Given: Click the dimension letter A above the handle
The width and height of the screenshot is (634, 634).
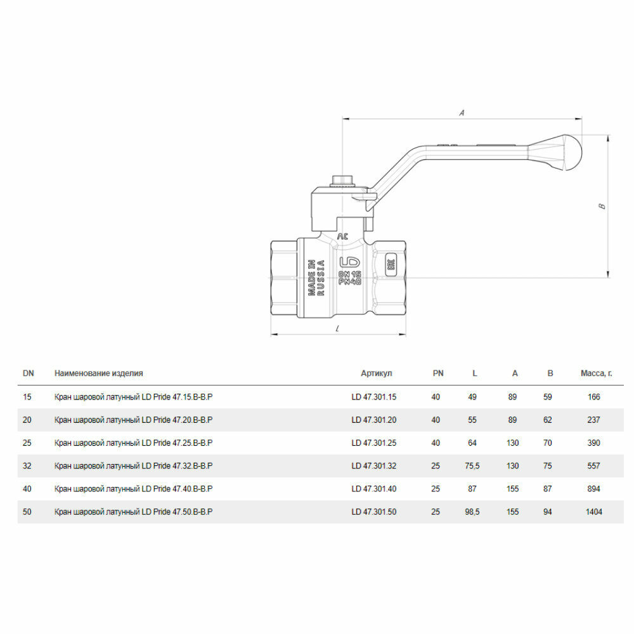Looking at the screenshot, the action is click(x=462, y=113).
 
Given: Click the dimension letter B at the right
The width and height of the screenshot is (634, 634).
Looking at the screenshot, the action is click(x=603, y=205).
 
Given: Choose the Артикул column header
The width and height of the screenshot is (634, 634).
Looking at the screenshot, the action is click(x=377, y=373).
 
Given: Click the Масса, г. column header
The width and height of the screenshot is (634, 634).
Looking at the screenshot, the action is click(x=596, y=373).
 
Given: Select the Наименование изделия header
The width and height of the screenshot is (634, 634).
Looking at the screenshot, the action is click(x=98, y=373).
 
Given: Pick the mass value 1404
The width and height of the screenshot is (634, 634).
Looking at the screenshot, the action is click(x=594, y=512).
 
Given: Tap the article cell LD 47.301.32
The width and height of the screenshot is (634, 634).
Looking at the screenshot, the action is click(x=374, y=466).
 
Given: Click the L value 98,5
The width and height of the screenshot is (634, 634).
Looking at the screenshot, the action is click(x=472, y=512).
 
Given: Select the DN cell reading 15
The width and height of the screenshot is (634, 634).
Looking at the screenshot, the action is click(x=27, y=397).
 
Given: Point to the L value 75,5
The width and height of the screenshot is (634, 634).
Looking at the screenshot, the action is click(x=472, y=466).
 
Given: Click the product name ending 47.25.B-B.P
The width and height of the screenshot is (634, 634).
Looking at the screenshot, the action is click(x=133, y=443).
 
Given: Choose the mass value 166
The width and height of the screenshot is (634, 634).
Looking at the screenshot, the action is click(x=593, y=397).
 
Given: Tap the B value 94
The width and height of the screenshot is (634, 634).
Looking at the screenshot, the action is click(x=548, y=512).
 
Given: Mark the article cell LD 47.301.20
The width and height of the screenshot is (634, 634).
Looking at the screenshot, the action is click(x=374, y=420).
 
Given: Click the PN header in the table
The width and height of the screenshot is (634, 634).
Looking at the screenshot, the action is click(x=438, y=373).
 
